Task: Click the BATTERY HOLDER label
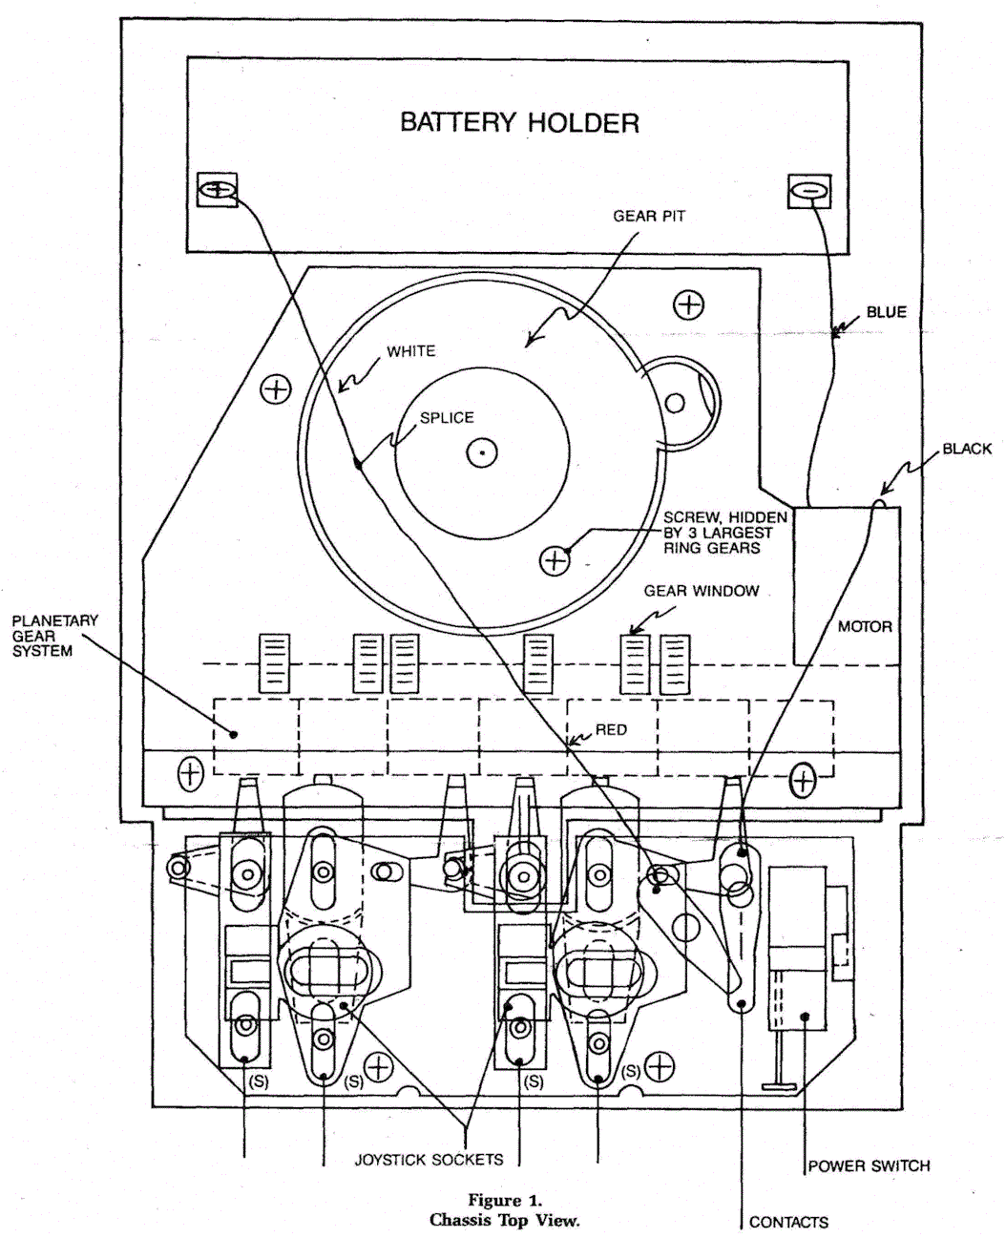point(519,122)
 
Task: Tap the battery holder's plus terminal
point(218,190)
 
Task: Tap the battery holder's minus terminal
point(809,191)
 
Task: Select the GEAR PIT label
point(649,217)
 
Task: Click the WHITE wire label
point(410,351)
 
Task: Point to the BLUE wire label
point(887,312)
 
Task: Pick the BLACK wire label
point(967,449)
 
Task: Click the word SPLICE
point(447,417)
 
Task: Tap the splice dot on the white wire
point(358,464)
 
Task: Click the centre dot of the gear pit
point(482,452)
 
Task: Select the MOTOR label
point(865,626)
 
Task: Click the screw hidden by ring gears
point(555,560)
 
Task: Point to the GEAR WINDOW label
point(702,591)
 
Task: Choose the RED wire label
point(612,729)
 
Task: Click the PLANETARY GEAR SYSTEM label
point(55,636)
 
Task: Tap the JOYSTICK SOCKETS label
point(429,1160)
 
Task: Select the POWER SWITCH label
point(869,1165)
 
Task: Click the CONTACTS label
point(788,1223)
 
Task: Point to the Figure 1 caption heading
point(505,1199)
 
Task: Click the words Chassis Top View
point(505,1220)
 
